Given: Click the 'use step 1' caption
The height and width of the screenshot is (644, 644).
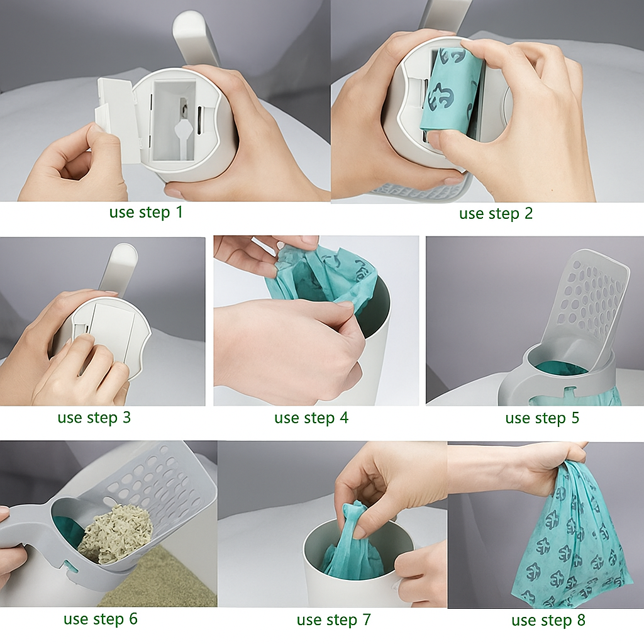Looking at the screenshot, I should (x=146, y=213).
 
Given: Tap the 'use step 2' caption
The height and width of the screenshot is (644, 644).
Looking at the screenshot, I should (x=496, y=214).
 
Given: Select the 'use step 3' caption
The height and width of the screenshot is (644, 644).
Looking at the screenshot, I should (x=94, y=418).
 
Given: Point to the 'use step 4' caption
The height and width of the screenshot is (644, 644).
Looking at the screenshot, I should (x=311, y=418).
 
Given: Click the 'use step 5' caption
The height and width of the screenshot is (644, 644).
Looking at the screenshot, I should (x=542, y=418).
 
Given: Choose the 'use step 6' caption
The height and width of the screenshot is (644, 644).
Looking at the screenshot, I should (x=101, y=619).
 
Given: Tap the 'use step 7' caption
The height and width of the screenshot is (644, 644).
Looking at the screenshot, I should (x=334, y=620).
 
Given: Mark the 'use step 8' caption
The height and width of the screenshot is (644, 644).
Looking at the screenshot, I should (x=548, y=621).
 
